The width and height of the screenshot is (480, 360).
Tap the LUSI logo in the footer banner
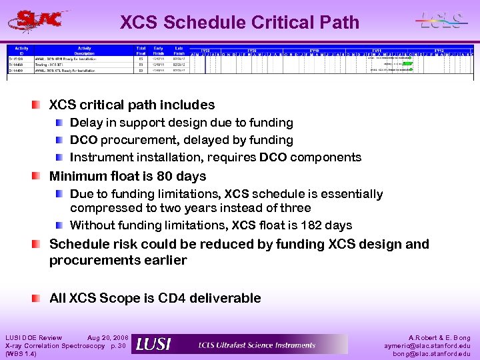(153, 344)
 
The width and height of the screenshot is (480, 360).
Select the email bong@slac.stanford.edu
(431, 353)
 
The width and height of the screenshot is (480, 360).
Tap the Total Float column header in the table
(141, 51)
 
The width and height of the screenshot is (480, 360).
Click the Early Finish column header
(159, 51)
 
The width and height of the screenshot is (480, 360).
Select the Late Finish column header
(179, 51)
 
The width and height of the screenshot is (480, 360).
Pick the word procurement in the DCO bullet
(135, 140)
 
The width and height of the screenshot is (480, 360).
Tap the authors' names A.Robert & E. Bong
(437, 338)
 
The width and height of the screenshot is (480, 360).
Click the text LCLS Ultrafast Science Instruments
(257, 345)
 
